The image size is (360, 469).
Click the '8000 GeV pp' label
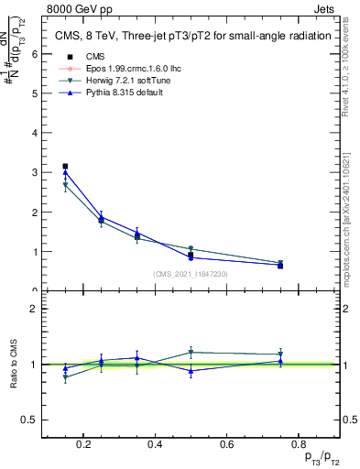coord(75,7)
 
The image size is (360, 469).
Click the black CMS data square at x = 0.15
coord(65,167)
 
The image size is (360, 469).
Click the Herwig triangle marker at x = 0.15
coord(65,186)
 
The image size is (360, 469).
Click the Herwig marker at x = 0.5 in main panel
coord(191,249)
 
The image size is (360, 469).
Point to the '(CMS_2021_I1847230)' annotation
coord(190,274)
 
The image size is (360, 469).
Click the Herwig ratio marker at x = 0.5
coord(191,352)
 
